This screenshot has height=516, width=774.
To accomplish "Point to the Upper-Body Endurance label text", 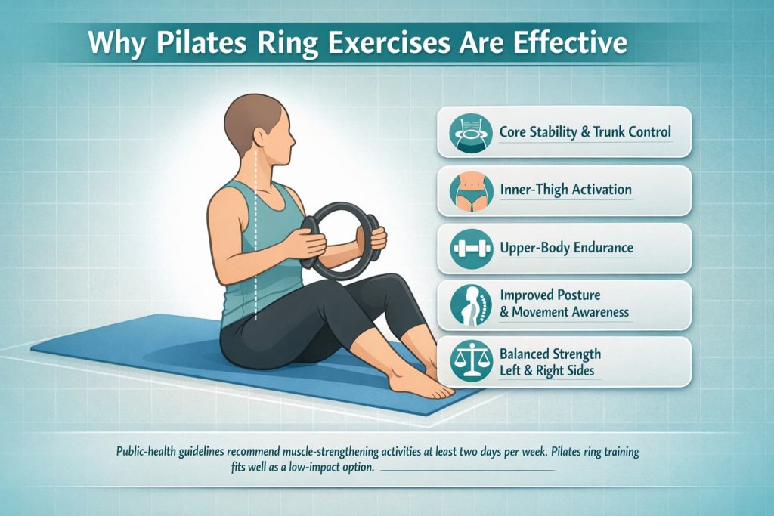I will pos(566,247).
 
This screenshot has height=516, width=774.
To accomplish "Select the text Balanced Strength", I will pos(550,354).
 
